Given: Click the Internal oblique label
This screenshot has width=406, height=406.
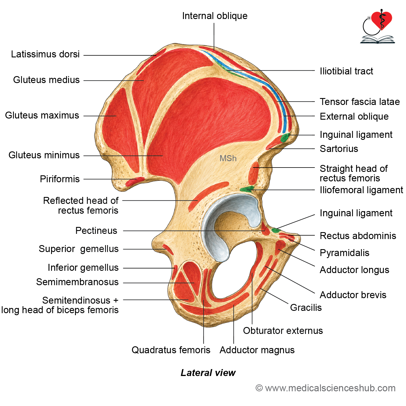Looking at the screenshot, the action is coord(214,16).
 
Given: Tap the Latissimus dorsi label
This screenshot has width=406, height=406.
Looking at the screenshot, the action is coord(45,54).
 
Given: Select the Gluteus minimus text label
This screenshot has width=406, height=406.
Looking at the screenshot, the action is coord(44,155).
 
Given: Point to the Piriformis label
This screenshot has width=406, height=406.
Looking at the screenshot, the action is coord(60,179).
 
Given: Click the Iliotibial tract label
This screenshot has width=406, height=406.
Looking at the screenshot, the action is coord(346,71).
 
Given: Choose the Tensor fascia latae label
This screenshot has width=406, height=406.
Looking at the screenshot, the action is coord(360,102).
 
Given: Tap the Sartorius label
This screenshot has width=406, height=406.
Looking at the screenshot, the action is coord(339,149).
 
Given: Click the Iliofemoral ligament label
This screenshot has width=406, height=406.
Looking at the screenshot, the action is coord(361,190).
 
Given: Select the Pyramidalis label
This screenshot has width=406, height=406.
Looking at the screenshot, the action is coord(345,253).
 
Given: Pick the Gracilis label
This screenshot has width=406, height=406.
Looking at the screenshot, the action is coord(306,308).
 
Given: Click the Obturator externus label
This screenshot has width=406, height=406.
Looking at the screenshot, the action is coord(283,331).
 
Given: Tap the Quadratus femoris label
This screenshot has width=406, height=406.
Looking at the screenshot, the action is coord(171,350).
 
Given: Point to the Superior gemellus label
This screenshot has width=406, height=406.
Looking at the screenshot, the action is coord(78,249).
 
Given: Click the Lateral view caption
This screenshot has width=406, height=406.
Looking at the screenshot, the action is coord(208,373).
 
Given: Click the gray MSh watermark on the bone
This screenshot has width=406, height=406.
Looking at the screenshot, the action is coord(228,158).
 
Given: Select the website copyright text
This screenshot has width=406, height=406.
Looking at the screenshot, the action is coord(325,388).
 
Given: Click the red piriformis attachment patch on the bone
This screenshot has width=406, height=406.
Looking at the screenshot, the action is coord(135,182).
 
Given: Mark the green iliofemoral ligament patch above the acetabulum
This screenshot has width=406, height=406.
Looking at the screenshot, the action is coord(247,189).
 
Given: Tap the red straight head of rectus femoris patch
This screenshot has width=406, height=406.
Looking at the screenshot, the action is coord(253,173).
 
